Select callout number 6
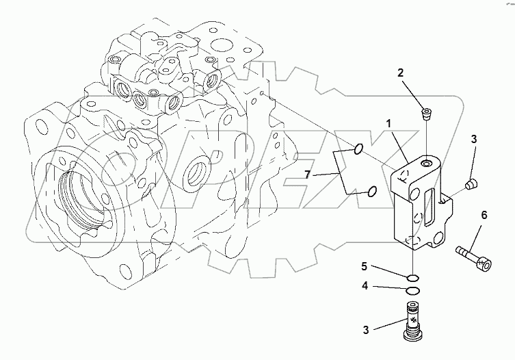coord(484,215)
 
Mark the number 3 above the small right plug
coord(472,140)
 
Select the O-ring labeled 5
coord(412,277)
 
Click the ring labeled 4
coord(412,292)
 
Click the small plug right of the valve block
coord(470,183)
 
